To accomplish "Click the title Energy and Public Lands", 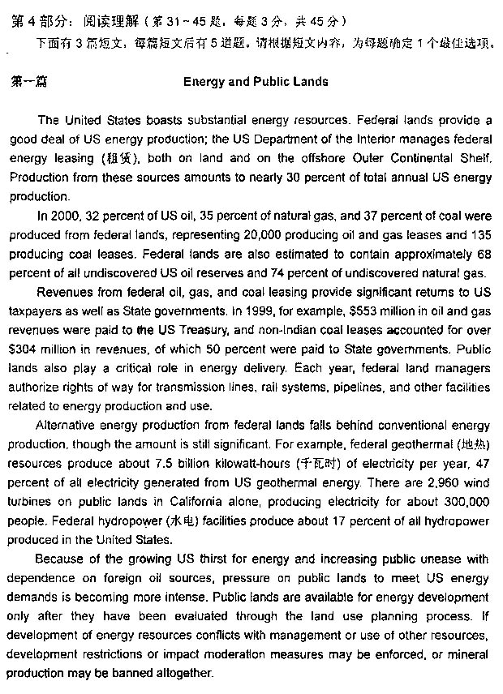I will pyautogui.click(x=256, y=82).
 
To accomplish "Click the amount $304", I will pyautogui.click(x=24, y=349).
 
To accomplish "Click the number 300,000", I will pyautogui.click(x=463, y=502).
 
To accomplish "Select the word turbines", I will pyautogui.click(x=30, y=502).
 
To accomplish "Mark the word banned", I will pyautogui.click(x=132, y=674).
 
